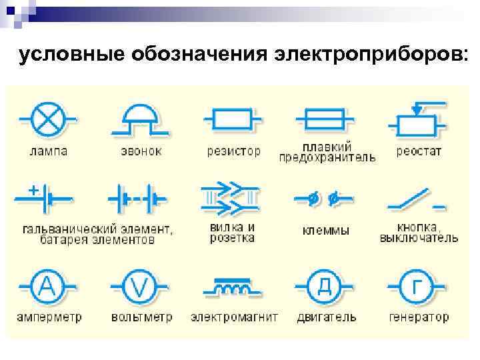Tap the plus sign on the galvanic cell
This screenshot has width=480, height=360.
(32, 190)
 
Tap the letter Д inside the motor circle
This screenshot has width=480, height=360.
(324, 287)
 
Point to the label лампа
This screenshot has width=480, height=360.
(48, 151)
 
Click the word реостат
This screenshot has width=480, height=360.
(419, 151)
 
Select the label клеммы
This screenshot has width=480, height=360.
(325, 231)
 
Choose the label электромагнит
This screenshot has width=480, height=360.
(234, 317)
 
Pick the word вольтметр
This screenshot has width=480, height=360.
(141, 317)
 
